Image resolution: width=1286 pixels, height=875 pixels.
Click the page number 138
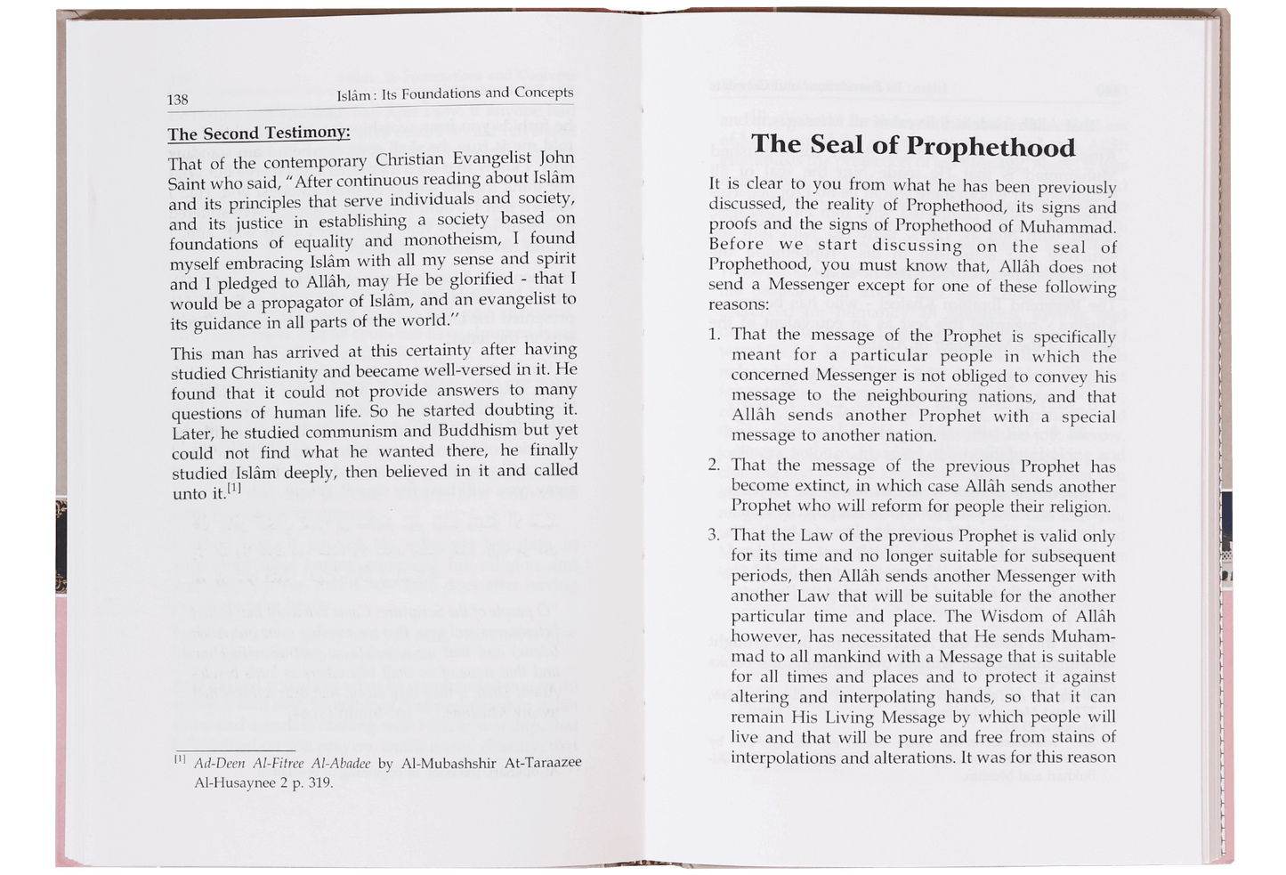(178, 100)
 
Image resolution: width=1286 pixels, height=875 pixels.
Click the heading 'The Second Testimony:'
(258, 134)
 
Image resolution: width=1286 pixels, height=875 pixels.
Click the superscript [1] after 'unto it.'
(234, 488)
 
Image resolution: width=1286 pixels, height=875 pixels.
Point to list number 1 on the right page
(714, 335)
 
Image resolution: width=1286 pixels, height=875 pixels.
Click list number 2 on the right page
(714, 465)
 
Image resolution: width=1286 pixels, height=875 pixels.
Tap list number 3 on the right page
(714, 535)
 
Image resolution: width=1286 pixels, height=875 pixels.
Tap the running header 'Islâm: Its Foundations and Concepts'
(455, 93)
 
